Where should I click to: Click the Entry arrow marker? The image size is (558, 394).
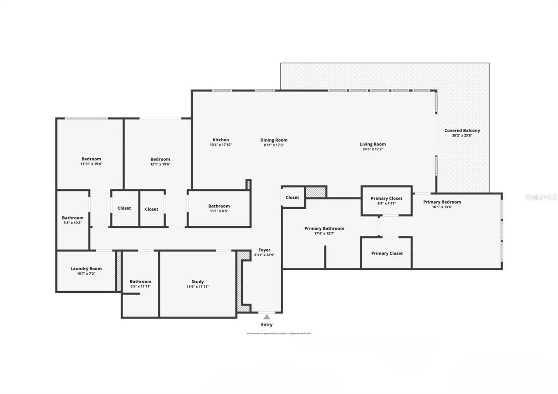point(266,317)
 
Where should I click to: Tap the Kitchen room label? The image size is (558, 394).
point(221,140)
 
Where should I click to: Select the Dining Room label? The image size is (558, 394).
point(274,140)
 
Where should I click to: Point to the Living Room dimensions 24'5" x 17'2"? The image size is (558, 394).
point(372,149)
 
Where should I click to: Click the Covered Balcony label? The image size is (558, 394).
point(462,130)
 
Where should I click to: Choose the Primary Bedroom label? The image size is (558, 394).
point(442,202)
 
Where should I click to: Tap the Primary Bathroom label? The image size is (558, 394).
point(324,228)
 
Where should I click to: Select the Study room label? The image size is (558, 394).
point(197,282)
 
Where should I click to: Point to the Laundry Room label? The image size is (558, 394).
point(86,268)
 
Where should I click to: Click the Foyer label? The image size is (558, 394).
point(264,250)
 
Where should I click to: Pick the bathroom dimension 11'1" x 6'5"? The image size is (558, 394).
point(219,211)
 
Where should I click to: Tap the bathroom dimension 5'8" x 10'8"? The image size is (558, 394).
point(72,223)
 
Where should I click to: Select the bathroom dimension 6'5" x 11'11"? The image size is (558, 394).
point(140,286)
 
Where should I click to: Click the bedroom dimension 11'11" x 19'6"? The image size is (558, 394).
point(91,164)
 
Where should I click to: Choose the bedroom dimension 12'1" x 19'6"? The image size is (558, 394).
point(160,164)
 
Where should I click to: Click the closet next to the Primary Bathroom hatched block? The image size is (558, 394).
point(293,197)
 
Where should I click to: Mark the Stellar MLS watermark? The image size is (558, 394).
point(541,197)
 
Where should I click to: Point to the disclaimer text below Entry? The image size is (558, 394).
point(279,333)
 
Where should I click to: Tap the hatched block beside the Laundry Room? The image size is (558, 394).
point(118,271)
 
